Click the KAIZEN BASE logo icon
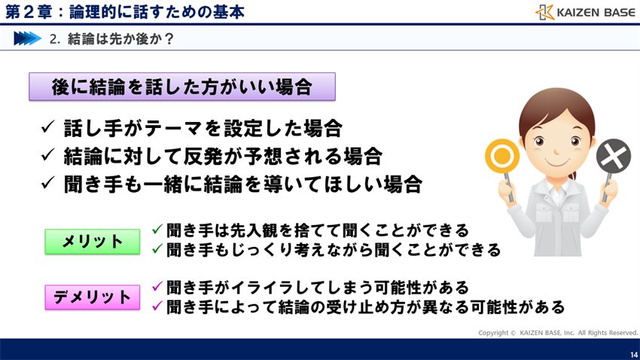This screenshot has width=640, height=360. (x=546, y=12)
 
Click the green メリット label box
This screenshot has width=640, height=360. (x=93, y=242)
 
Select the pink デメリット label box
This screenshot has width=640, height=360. (x=93, y=297)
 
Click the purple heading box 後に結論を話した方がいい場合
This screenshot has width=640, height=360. (x=181, y=87)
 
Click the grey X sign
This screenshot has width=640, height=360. (x=613, y=157)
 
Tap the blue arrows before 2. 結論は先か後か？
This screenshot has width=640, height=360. (x=27, y=38)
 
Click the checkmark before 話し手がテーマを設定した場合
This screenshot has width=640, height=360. (x=47, y=127)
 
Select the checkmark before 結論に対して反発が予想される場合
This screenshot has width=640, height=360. (x=47, y=155)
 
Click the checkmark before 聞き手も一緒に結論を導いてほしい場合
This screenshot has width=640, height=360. (x=47, y=183)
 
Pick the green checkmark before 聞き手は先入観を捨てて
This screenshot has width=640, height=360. (x=157, y=229)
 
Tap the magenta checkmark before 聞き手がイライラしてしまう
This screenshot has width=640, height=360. (x=157, y=287)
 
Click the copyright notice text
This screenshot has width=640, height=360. (x=557, y=333)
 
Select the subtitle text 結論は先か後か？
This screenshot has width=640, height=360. (x=120, y=39)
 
